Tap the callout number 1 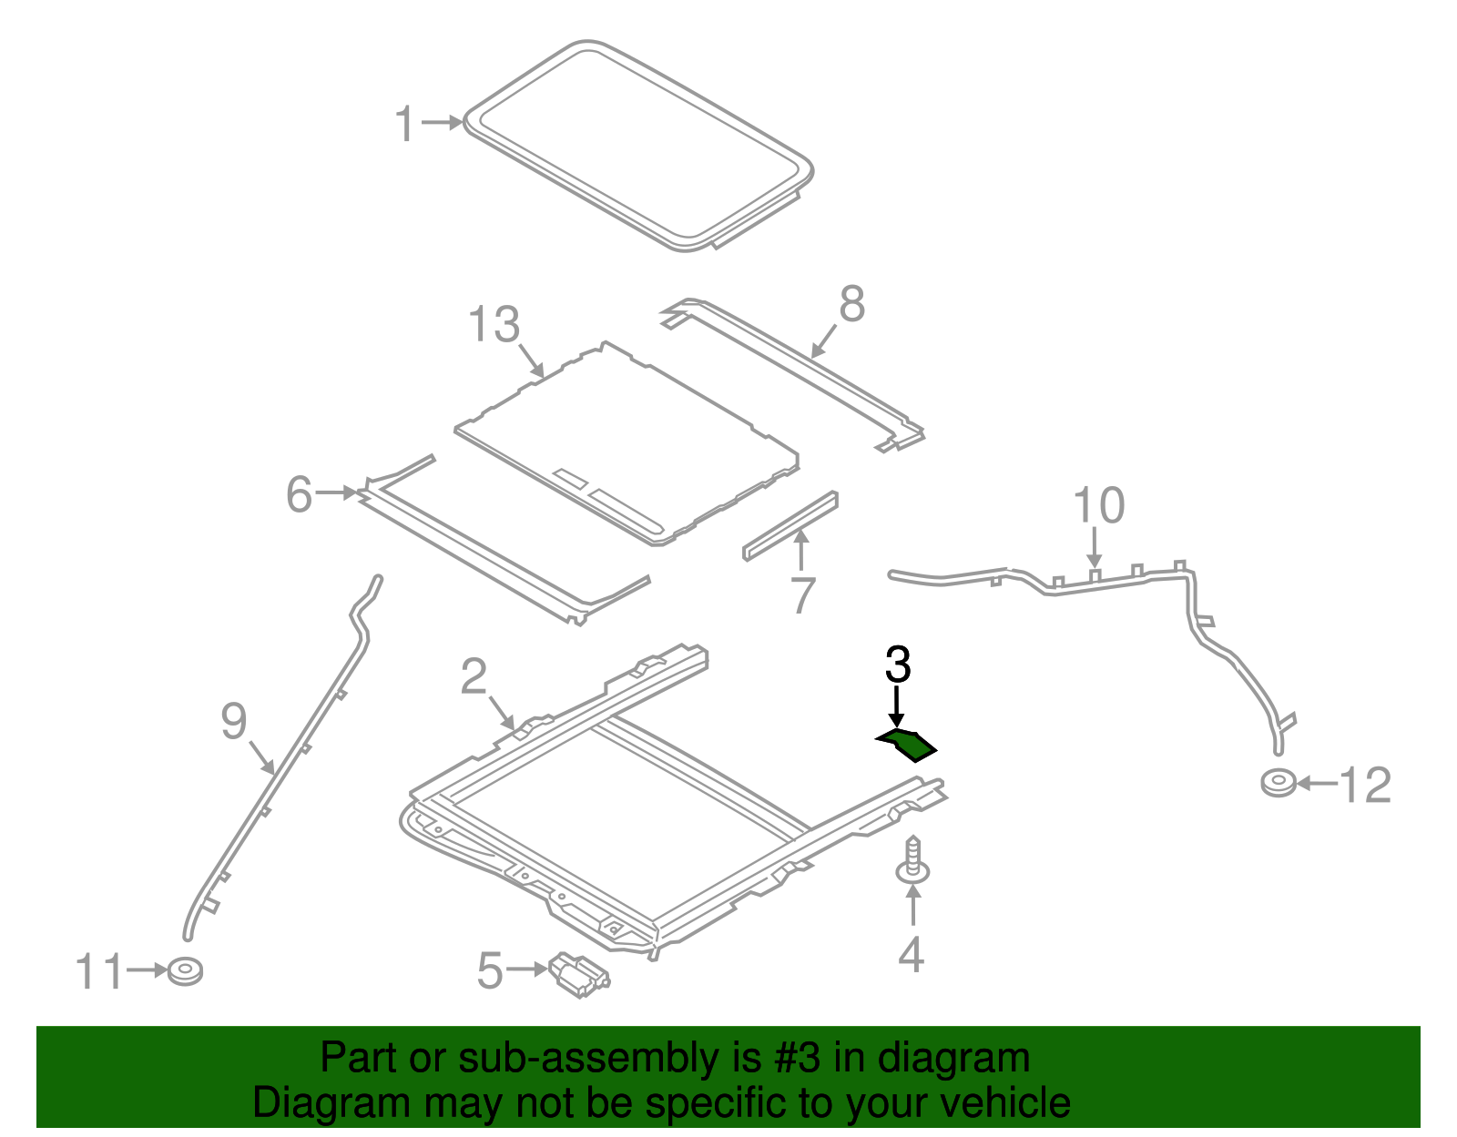pyautogui.click(x=405, y=124)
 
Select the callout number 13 pyautogui.click(x=494, y=325)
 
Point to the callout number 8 pyautogui.click(x=851, y=304)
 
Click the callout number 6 pyautogui.click(x=299, y=494)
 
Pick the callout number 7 pyautogui.click(x=802, y=595)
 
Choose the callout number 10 pyautogui.click(x=1098, y=505)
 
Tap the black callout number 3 pyautogui.click(x=898, y=665)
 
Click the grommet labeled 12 pyautogui.click(x=1279, y=783)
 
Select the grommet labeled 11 pyautogui.click(x=186, y=971)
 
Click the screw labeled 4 pyautogui.click(x=912, y=860)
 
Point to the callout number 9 pyautogui.click(x=234, y=722)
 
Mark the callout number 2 pyautogui.click(x=474, y=677)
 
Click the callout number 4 pyautogui.click(x=911, y=954)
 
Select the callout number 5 pyautogui.click(x=490, y=970)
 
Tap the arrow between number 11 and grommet pyautogui.click(x=146, y=970)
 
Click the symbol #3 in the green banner pyautogui.click(x=797, y=1059)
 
